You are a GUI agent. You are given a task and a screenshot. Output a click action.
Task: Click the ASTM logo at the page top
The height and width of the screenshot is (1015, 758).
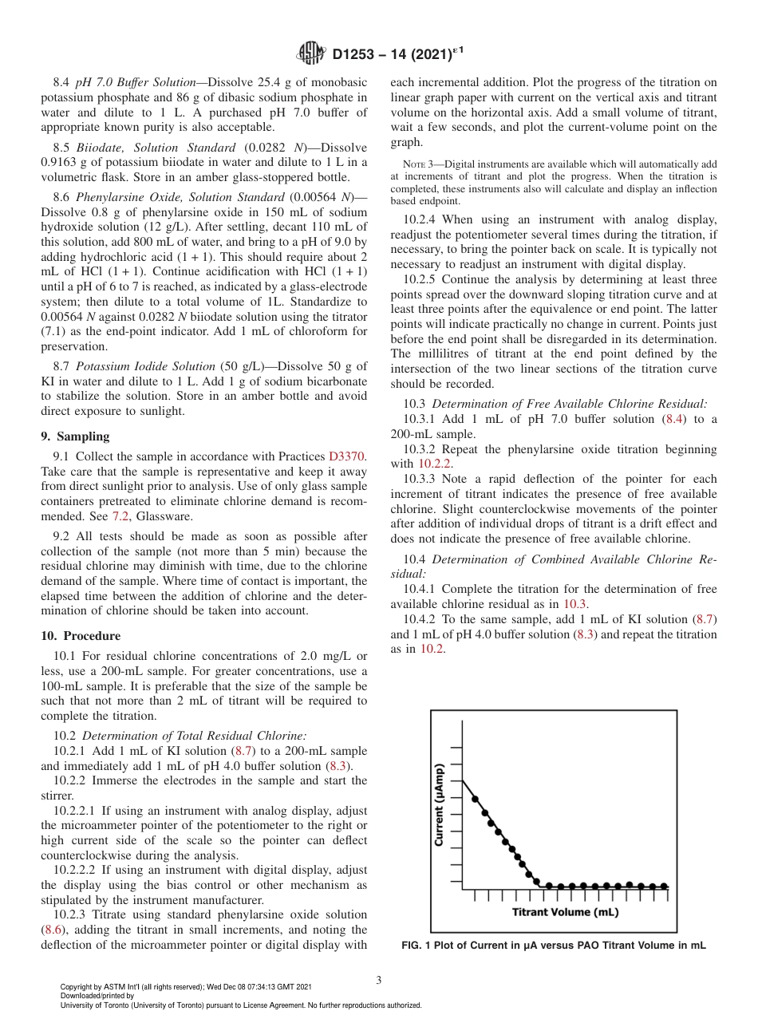point(310,53)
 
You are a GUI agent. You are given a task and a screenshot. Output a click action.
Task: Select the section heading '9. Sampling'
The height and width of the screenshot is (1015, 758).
point(75,436)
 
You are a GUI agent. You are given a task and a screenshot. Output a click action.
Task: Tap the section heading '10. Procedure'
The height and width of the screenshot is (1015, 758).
point(81,636)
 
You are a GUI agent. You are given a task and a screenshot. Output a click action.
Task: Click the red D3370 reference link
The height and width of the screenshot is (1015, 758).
point(347,456)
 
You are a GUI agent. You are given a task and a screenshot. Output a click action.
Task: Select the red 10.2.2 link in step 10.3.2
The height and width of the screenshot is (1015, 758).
point(435,464)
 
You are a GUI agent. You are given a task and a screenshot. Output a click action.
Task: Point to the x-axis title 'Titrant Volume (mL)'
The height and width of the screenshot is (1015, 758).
point(565,912)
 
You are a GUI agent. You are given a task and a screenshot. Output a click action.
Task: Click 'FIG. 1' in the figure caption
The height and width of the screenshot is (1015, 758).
point(420,946)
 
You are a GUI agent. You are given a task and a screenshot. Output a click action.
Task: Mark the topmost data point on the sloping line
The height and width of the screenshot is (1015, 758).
point(475,798)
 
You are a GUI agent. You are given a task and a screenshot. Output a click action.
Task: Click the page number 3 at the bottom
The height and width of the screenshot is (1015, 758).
point(378,980)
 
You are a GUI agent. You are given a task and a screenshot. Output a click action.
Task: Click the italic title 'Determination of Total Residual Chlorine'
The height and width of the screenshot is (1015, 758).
point(194,736)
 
